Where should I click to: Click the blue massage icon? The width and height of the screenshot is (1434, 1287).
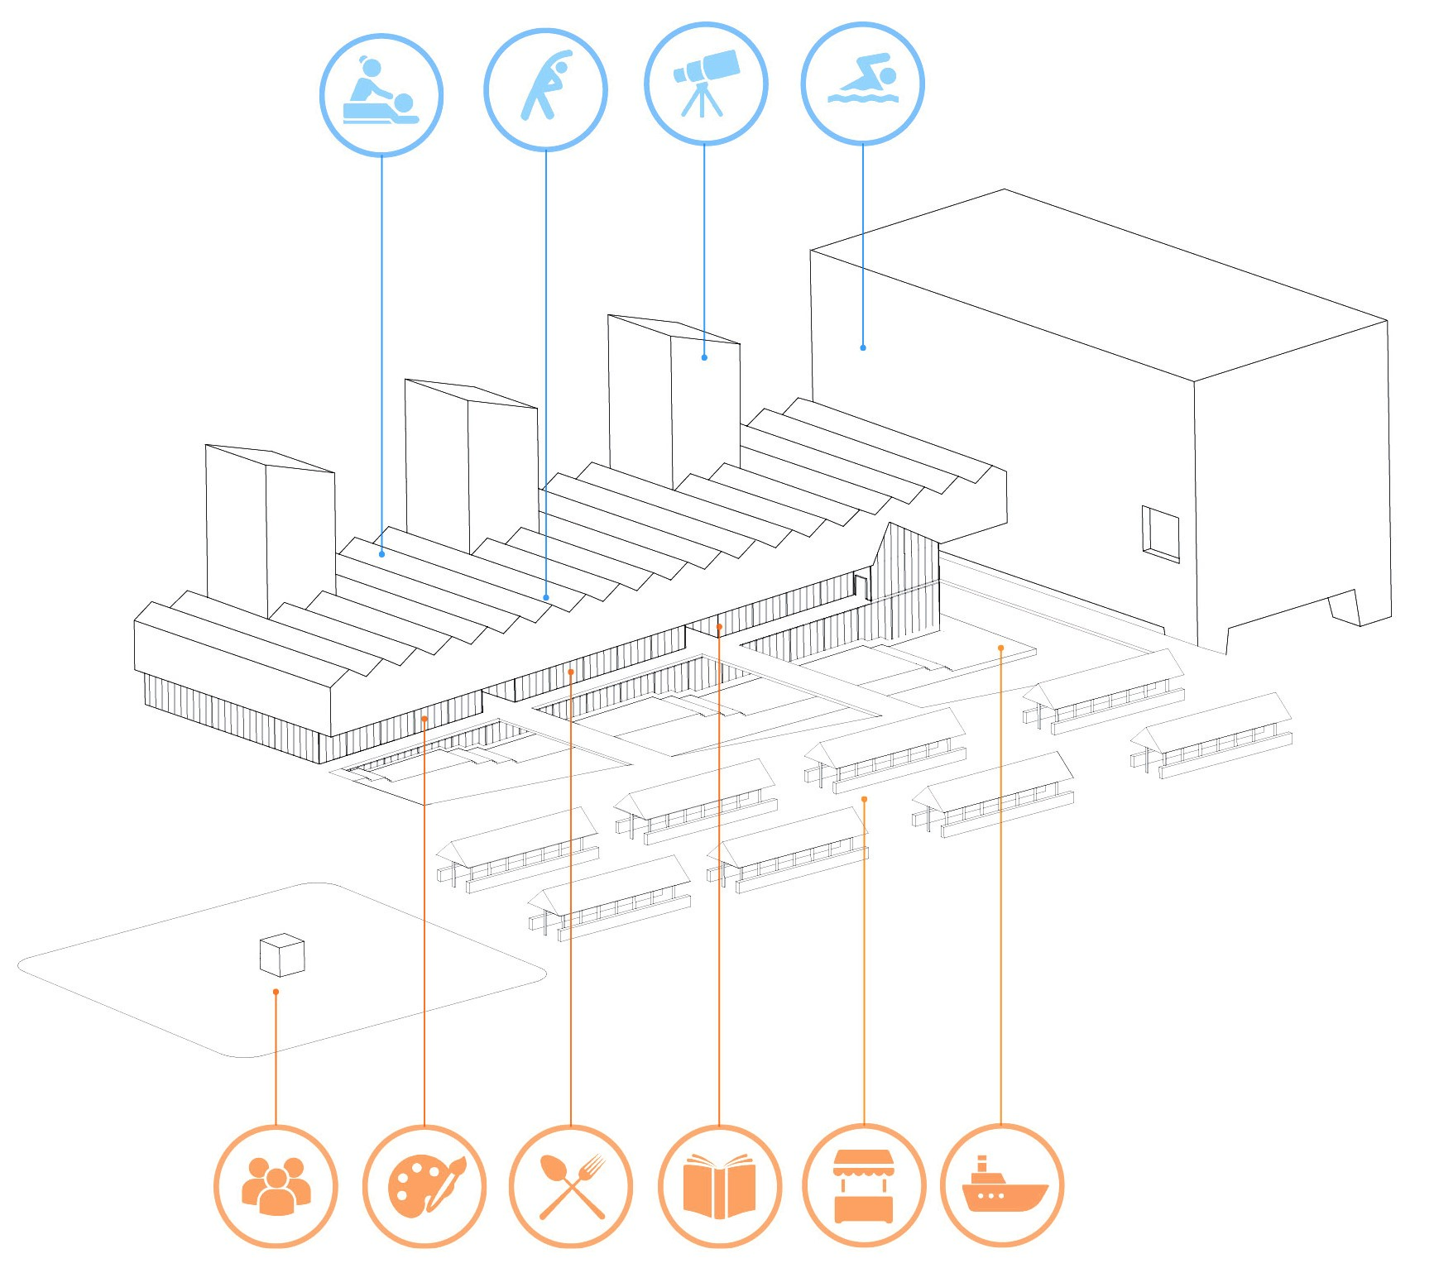coord(381,94)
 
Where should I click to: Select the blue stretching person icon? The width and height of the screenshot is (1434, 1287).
coord(545,89)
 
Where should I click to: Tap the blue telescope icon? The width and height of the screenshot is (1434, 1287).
coord(705,83)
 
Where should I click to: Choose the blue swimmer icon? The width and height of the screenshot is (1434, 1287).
coord(862,83)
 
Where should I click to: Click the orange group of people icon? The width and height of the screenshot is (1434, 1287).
coord(276,1185)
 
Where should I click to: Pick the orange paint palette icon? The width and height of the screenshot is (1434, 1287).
coord(424,1185)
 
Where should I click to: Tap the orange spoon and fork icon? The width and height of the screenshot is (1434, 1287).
coord(571,1185)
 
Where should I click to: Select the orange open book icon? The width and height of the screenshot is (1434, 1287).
coord(719,1185)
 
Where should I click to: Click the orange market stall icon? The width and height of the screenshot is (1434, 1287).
coord(864,1185)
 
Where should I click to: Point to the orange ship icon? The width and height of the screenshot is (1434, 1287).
coord(1002,1185)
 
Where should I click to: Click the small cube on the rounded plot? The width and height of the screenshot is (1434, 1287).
coord(282,954)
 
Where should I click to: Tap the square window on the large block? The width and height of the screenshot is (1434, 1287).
coord(1160,533)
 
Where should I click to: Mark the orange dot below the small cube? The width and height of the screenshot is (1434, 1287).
coord(276,992)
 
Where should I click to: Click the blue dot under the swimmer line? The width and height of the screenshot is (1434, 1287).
coord(863,347)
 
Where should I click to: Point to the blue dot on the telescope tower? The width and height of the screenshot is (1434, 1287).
coord(704,357)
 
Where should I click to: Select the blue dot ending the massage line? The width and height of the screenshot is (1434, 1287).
coord(381,554)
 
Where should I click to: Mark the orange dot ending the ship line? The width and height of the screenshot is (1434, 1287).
coord(1000,648)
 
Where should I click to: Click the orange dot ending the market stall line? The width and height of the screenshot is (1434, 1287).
coord(864,799)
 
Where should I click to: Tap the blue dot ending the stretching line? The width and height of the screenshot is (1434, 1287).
coord(546,597)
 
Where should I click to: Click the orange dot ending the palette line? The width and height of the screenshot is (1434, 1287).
coord(424,719)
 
